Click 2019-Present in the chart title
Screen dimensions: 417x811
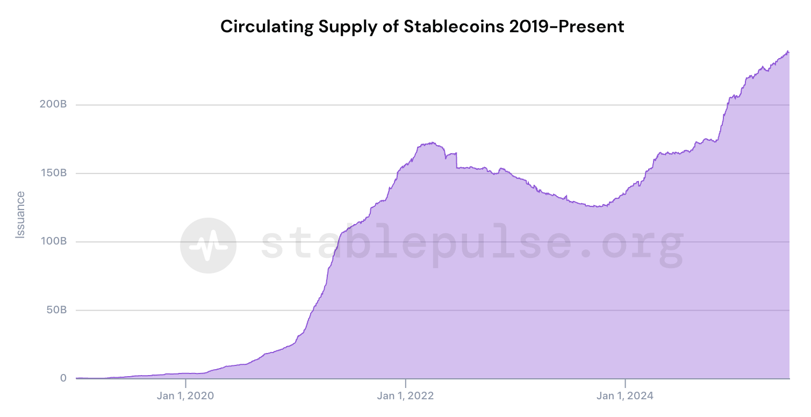point(566,26)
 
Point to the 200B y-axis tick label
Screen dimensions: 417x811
point(53,104)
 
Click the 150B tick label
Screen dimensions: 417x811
point(53,173)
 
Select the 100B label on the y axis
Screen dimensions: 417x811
point(53,241)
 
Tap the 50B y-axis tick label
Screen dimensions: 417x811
point(56,310)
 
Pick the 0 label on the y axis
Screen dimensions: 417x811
point(63,378)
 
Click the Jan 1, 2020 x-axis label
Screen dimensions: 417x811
point(185,397)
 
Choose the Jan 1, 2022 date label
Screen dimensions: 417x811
point(406,397)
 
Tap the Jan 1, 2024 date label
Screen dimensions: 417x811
point(626,397)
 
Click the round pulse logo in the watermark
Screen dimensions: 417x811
point(207,246)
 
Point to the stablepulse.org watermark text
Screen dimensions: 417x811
point(472,244)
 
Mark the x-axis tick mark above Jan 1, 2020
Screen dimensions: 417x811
point(185,383)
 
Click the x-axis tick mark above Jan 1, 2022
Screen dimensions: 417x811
point(406,383)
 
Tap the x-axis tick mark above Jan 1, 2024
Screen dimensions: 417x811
point(626,383)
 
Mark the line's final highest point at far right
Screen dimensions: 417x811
point(788,51)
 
